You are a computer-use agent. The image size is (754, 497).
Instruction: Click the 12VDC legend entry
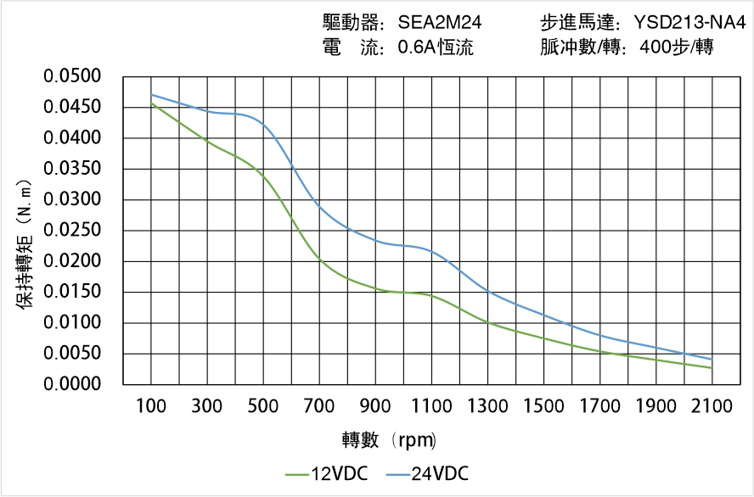click(326, 474)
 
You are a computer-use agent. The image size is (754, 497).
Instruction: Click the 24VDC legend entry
click(427, 474)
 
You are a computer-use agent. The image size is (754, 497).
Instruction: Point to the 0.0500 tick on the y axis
click(83, 77)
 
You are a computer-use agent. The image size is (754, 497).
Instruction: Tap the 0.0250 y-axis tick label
click(83, 231)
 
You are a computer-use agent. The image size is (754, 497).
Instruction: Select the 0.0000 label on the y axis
click(83, 384)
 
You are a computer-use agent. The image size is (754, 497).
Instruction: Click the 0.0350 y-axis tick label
click(83, 169)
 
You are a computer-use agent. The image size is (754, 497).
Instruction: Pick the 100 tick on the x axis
click(151, 406)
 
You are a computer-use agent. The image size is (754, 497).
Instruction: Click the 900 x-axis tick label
click(375, 406)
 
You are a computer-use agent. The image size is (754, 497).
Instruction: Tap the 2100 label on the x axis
click(712, 406)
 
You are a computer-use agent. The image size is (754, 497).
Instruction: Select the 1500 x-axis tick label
click(543, 406)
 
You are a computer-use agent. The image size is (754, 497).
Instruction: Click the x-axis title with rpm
click(389, 440)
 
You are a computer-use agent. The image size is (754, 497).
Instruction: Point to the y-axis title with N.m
click(25, 246)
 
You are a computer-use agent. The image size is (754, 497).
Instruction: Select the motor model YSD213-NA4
click(689, 23)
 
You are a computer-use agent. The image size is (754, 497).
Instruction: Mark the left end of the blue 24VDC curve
click(151, 94)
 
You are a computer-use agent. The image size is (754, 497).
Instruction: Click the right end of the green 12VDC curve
click(712, 368)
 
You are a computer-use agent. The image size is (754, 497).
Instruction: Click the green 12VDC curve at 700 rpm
click(319, 258)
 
